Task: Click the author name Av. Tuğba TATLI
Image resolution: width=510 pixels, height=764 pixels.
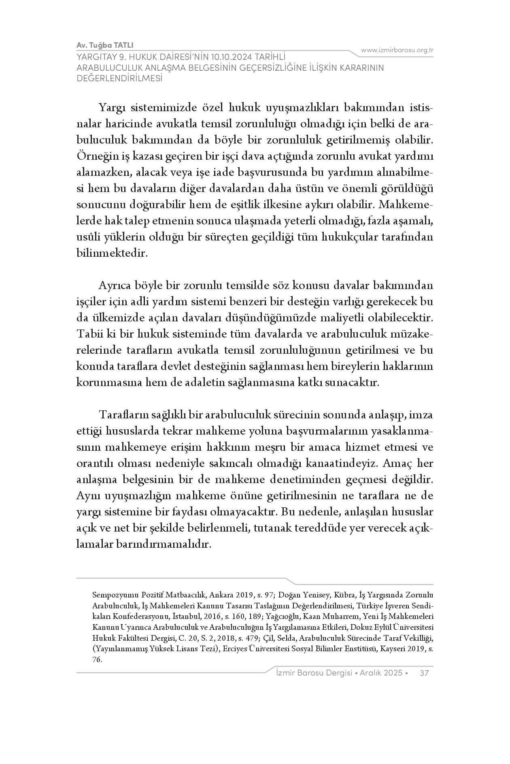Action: coord(105,45)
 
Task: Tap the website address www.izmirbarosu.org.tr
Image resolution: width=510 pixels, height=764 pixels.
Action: coord(397,50)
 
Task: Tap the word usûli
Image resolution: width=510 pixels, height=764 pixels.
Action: coord(88,237)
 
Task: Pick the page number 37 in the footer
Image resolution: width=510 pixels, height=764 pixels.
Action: coord(425,673)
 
